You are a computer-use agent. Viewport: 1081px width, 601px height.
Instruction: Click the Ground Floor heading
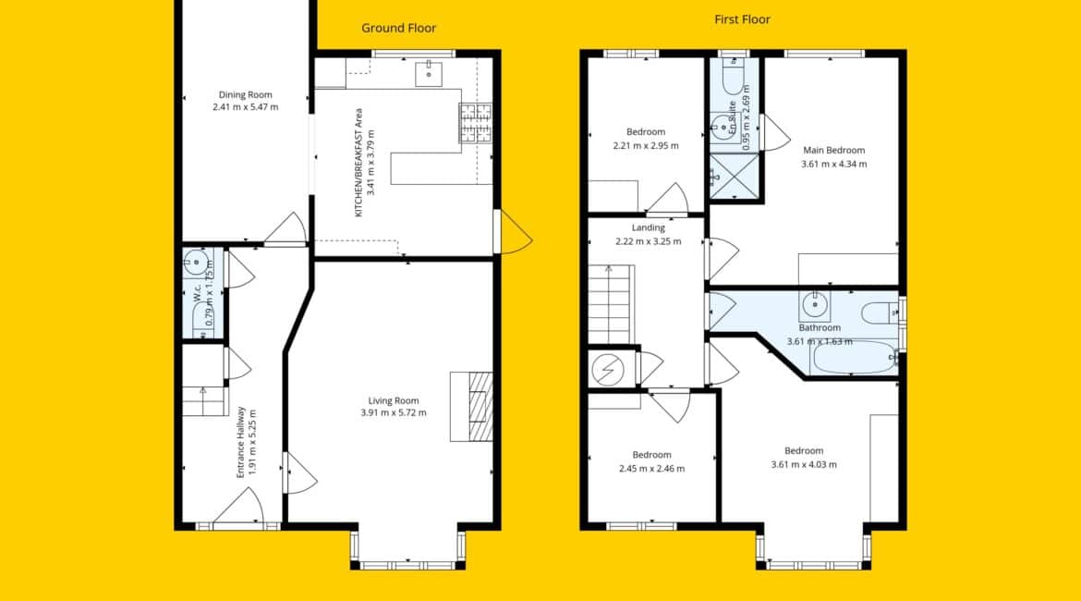398,29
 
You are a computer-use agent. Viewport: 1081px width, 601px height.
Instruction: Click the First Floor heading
742,19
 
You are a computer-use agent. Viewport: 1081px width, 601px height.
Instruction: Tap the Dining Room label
246,94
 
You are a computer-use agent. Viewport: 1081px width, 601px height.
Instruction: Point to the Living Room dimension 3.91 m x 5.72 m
394,412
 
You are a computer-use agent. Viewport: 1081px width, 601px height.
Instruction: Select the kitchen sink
428,73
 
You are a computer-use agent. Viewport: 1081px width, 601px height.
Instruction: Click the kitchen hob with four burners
477,123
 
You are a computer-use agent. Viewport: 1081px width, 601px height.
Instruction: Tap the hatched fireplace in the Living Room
480,407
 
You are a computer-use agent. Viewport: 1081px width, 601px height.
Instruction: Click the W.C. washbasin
196,263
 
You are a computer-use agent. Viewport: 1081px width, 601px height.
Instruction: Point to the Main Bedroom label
834,150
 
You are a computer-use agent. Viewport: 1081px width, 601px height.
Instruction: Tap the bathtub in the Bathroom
855,358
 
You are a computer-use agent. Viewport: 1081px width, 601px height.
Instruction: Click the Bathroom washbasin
815,303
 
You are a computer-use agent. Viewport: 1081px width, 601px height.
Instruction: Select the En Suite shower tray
735,176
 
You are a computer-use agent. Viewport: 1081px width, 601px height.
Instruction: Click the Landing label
649,227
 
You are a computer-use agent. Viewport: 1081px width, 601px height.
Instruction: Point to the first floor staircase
610,304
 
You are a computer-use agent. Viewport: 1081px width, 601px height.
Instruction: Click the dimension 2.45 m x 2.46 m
652,469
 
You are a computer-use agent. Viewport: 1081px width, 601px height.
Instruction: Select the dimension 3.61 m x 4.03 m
804,464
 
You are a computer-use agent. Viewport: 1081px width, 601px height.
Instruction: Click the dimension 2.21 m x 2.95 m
646,145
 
